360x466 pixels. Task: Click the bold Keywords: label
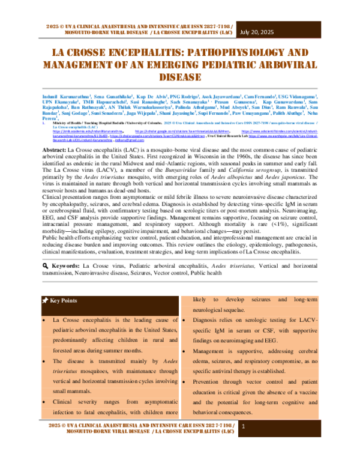[x=64, y=282]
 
